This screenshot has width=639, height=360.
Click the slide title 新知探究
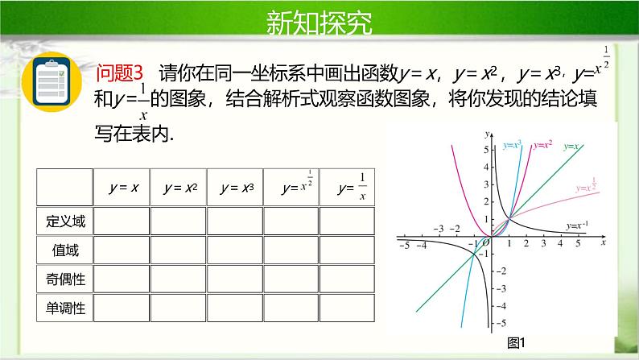pyautogui.click(x=319, y=23)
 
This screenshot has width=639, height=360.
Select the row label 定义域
pyautogui.click(x=65, y=220)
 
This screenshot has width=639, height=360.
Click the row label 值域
pyautogui.click(x=65, y=250)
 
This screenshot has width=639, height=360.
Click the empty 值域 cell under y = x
pyautogui.click(x=122, y=250)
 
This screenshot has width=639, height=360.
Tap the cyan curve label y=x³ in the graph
pyautogui.click(x=512, y=145)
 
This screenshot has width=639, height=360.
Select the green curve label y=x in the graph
pyautogui.click(x=572, y=147)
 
